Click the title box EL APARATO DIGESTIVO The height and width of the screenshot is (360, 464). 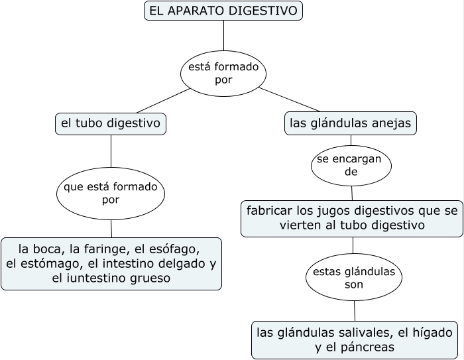(223, 11)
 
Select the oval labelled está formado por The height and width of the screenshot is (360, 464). (223, 73)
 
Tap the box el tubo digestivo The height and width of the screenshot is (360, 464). (111, 123)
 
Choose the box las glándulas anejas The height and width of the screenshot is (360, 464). (351, 123)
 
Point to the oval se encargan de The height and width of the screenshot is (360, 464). (351, 166)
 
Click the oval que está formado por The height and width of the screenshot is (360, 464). (111, 193)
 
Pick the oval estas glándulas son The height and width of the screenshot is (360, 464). (354, 278)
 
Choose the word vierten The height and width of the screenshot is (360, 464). (301, 225)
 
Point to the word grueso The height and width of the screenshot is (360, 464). (148, 278)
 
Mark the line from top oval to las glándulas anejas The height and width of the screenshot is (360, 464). (289, 99)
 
